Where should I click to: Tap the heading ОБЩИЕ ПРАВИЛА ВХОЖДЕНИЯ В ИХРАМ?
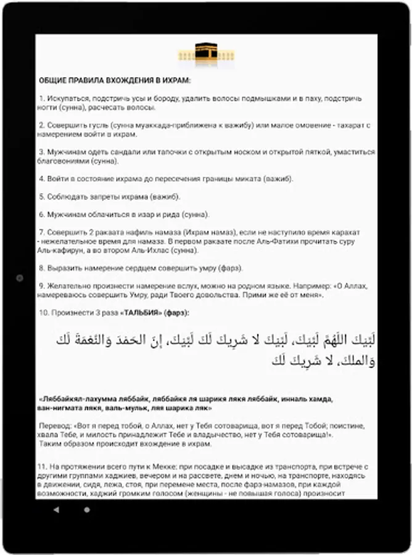(115, 81)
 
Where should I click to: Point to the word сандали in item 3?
(123, 152)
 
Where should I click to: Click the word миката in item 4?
(235, 179)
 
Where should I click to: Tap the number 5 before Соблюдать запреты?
(41, 197)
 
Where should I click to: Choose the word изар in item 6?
(137, 215)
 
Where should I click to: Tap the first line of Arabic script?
(216, 340)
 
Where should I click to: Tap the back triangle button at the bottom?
(57, 510)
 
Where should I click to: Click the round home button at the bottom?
(86, 510)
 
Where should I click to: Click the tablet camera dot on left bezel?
(19, 278)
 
